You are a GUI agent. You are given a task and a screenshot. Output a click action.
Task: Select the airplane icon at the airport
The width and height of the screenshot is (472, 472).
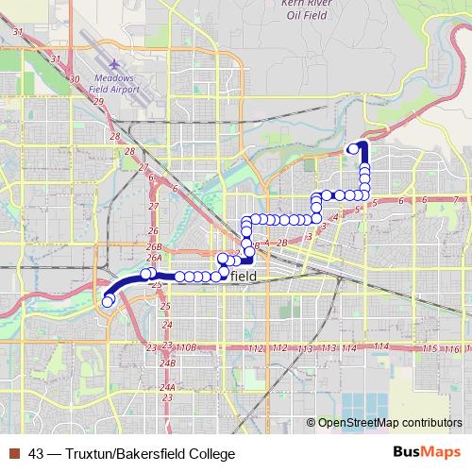tap(114, 63)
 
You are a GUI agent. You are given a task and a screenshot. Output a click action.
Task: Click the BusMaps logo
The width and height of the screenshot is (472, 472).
tap(426, 453)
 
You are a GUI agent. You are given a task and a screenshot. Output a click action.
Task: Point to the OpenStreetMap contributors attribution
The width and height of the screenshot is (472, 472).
tap(389, 423)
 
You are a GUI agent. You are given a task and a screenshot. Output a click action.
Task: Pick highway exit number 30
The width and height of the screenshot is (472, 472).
tap(74, 79)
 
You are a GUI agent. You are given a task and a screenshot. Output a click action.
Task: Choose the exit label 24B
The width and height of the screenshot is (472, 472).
tap(168, 362)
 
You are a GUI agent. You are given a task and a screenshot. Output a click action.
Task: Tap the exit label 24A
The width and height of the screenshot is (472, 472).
tap(167, 387)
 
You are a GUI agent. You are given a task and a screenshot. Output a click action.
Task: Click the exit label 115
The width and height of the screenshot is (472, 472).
tap(430, 349)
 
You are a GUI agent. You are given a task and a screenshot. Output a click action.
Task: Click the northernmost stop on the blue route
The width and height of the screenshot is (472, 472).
tap(354, 148)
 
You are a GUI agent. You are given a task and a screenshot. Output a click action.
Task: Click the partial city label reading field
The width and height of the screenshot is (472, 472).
tap(244, 276)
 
